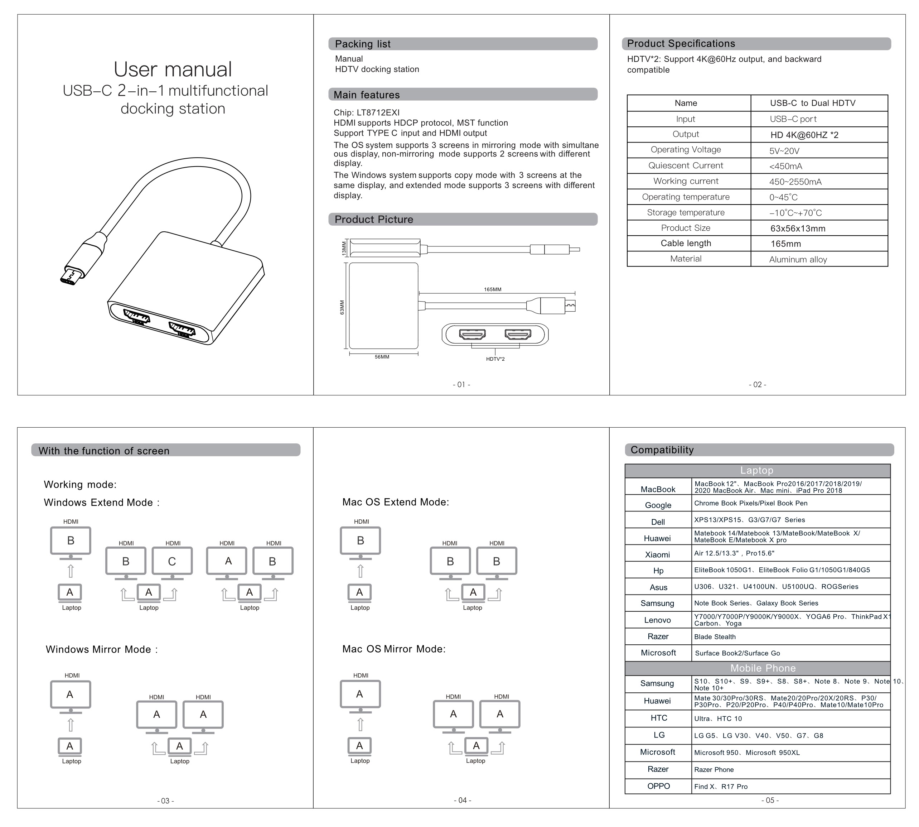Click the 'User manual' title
[173, 69]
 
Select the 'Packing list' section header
[363, 44]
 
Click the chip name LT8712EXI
[378, 112]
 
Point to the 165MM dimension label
[492, 289]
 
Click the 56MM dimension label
[382, 357]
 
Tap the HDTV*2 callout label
[495, 359]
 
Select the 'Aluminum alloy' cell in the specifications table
[798, 259]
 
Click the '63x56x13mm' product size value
[798, 229]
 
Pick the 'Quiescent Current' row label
[686, 166]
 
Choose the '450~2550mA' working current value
[795, 182]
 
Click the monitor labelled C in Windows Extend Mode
[172, 562]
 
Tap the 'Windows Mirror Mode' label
[102, 649]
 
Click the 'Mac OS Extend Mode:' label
[395, 502]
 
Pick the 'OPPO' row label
[658, 786]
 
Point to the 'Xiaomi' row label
[657, 555]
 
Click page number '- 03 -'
[165, 800]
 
